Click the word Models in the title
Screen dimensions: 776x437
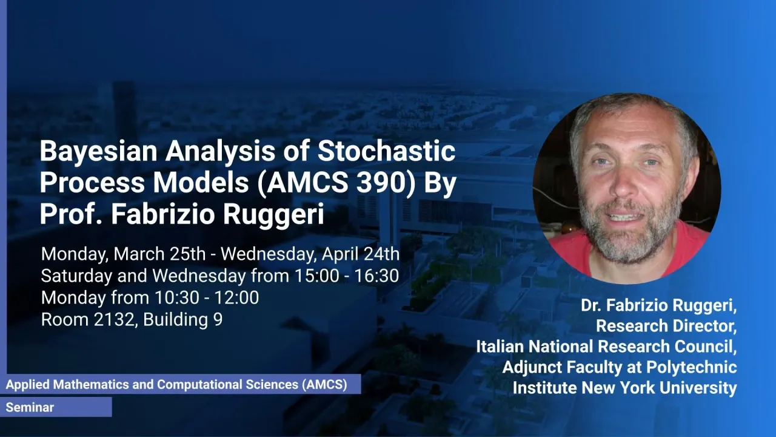[201, 183]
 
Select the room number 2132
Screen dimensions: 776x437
[113, 319]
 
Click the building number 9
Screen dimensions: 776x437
[218, 319]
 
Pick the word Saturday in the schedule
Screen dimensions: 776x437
[76, 276]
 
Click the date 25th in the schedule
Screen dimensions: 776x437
[187, 254]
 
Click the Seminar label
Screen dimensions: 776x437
[30, 407]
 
